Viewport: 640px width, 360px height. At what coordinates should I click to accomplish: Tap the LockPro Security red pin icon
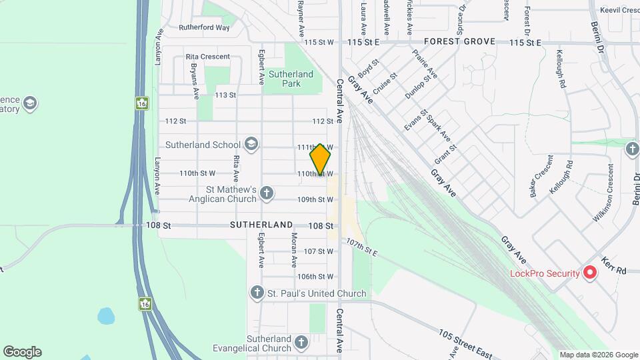tap(589, 272)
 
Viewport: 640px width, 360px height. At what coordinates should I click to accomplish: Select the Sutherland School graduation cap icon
tap(251, 144)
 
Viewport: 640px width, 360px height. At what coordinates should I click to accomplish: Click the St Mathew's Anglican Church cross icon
tap(267, 193)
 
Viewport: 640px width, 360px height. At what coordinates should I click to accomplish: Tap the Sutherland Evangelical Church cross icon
tap(301, 343)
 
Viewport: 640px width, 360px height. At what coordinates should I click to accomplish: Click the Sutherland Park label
tap(291, 79)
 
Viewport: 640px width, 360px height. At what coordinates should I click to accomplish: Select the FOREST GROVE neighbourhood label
tap(459, 41)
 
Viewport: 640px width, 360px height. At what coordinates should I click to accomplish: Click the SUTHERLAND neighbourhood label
tap(261, 225)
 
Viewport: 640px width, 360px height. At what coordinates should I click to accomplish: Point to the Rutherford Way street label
tap(204, 28)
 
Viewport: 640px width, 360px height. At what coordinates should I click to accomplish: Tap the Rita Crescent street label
tap(207, 57)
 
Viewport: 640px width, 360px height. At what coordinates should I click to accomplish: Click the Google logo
tap(22, 351)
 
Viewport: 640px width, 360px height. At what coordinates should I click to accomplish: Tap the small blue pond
tap(106, 315)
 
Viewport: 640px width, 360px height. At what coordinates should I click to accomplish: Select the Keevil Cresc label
tap(619, 11)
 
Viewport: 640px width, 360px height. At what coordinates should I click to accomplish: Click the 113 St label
tap(225, 95)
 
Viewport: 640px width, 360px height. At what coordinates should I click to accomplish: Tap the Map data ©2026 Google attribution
tap(599, 355)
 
